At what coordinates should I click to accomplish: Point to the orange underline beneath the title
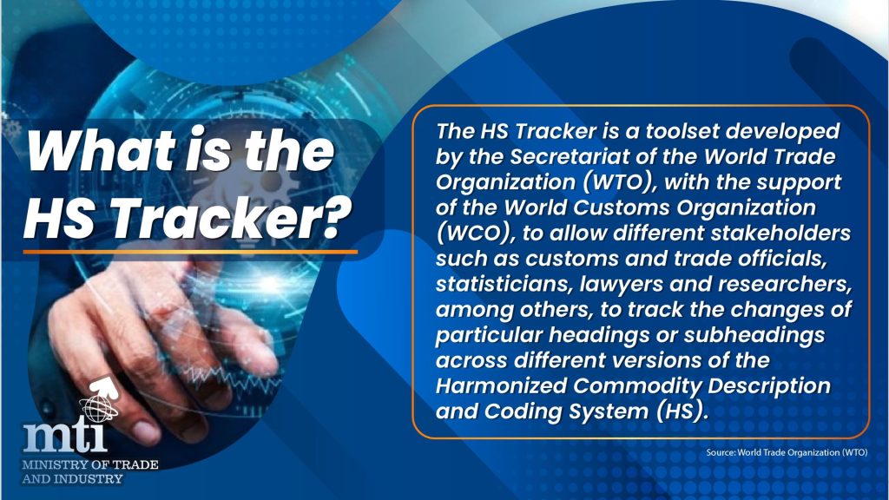tap(190, 252)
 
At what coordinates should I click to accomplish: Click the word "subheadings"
tap(754, 335)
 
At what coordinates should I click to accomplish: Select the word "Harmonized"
tap(501, 386)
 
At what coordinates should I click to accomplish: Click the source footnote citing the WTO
tap(787, 452)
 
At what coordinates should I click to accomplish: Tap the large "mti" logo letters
tap(65, 437)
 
